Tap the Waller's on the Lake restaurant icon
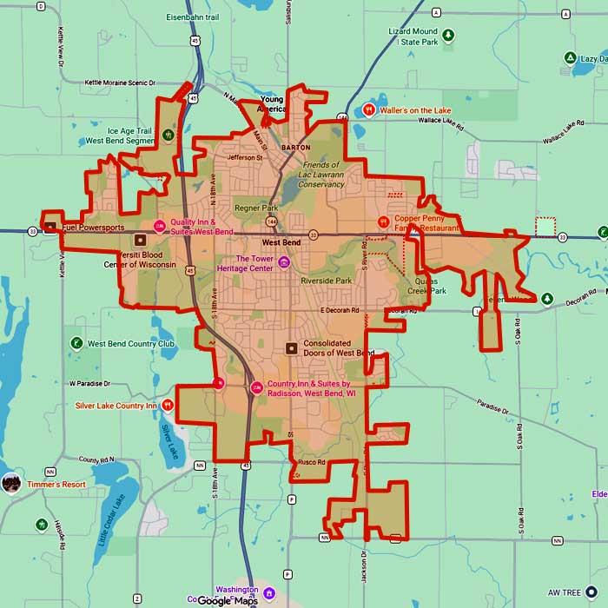(x=369, y=110)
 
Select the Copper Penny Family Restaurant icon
(x=383, y=222)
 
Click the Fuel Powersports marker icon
(x=50, y=228)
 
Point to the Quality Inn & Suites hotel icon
(x=159, y=227)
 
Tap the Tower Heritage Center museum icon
(x=283, y=262)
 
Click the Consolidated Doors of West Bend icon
(x=291, y=348)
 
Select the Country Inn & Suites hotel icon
(x=257, y=387)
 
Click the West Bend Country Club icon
(x=76, y=343)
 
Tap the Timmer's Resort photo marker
(x=11, y=484)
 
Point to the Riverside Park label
(x=326, y=281)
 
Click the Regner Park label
(x=255, y=208)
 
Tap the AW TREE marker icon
(x=591, y=592)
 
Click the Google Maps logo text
(x=227, y=600)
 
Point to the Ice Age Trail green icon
(x=168, y=135)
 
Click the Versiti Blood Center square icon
(x=140, y=239)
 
